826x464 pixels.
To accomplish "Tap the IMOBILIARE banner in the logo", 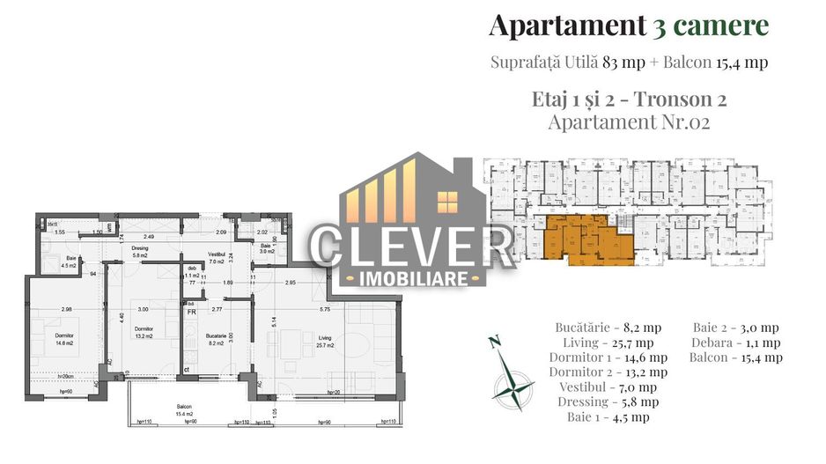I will (411, 279).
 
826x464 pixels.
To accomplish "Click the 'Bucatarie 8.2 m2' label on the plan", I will (214, 340).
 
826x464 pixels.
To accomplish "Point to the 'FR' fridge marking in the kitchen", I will (190, 311).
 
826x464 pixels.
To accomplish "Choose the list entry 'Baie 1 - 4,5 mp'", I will (608, 417).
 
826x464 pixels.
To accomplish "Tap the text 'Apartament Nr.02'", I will (629, 122).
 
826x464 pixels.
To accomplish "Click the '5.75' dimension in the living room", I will (324, 309).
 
